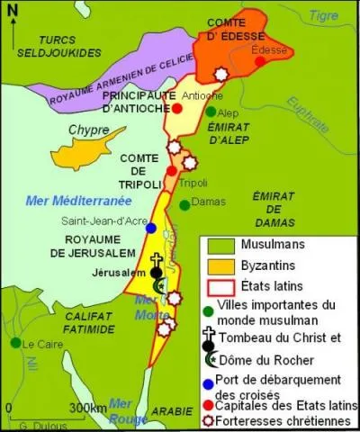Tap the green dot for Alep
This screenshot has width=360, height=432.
coord(211,112)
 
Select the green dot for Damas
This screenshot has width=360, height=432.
coord(184,204)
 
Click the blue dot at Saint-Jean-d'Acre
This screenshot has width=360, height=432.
coord(151,229)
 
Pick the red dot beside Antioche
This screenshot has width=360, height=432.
coord(177,108)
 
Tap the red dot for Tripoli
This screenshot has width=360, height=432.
coord(171,171)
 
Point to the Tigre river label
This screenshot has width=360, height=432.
coord(323,15)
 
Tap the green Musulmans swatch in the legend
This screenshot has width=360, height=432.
coord(219,244)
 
